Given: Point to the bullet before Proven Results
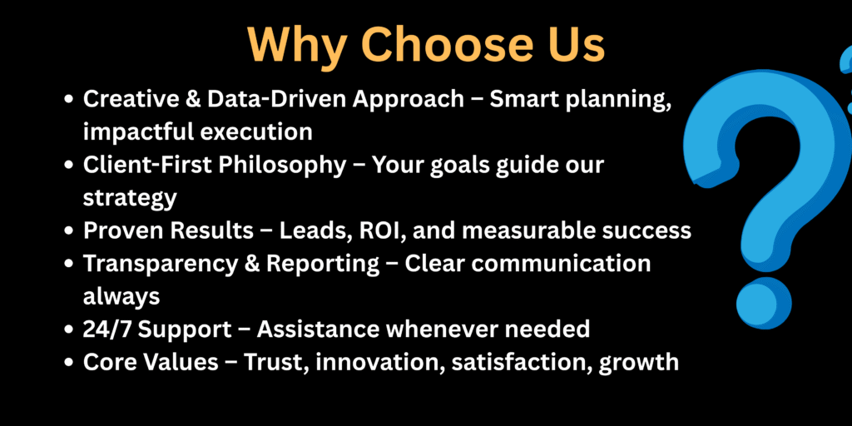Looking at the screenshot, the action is coord(68,231).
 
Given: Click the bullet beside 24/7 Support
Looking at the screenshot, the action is coord(68,329).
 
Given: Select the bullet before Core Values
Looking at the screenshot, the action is coord(68,363).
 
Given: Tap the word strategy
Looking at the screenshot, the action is coord(130,199).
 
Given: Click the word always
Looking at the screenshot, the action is coord(121,297).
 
